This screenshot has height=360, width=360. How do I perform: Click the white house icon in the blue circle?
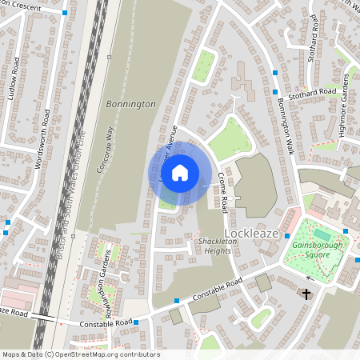[180, 172]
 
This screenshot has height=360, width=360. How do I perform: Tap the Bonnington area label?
[130, 104]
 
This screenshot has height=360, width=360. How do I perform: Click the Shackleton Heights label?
[214, 246]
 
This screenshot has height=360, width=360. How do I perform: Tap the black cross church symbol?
[306, 294]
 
